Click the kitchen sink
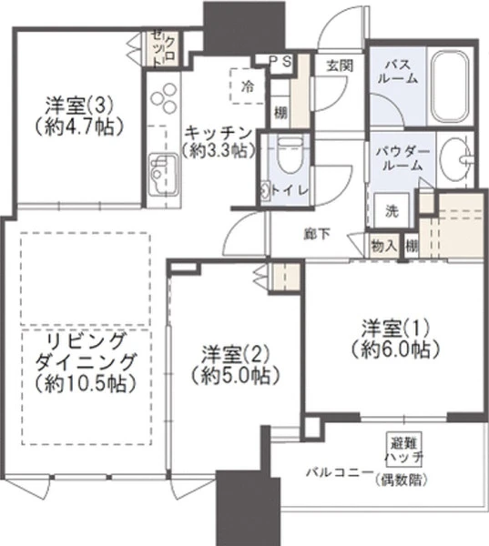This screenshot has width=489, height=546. pos(163,176)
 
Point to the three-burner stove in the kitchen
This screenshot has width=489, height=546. pos(163,97)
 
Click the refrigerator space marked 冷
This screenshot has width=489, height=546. pos(248,86)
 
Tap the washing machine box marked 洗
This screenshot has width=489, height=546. pos(392,211)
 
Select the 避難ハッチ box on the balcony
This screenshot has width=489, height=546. pos(404,450)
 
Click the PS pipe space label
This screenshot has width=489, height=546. pos(280,62)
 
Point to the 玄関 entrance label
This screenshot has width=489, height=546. pos(340,66)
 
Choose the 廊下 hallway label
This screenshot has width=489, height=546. pos(317,235)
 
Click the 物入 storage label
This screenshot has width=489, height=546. pos(384,247)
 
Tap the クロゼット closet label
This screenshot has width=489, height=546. pos(165,50)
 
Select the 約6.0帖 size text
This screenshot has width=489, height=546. pos(395,349)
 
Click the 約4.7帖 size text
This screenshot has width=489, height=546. pos(79,126)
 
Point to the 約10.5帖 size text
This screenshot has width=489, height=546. pos(86,383)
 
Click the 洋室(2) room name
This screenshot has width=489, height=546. pos(236,354)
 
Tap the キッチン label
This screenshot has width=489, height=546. pos(219,132)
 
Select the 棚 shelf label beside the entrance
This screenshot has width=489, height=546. pos(280,113)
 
